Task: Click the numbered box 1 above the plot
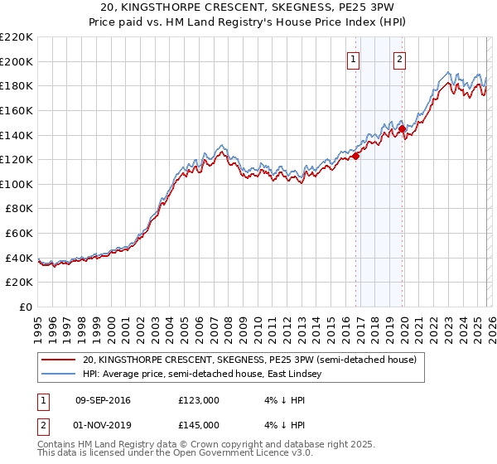pyautogui.click(x=354, y=58)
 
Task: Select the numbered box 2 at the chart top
pyautogui.click(x=399, y=58)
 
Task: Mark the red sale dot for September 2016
pyautogui.click(x=356, y=156)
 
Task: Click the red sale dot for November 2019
pyautogui.click(x=402, y=128)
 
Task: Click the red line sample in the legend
pyautogui.click(x=59, y=360)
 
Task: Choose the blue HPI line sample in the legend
pyautogui.click(x=59, y=375)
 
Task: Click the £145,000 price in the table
pyautogui.click(x=198, y=425)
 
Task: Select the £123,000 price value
pyautogui.click(x=198, y=400)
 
